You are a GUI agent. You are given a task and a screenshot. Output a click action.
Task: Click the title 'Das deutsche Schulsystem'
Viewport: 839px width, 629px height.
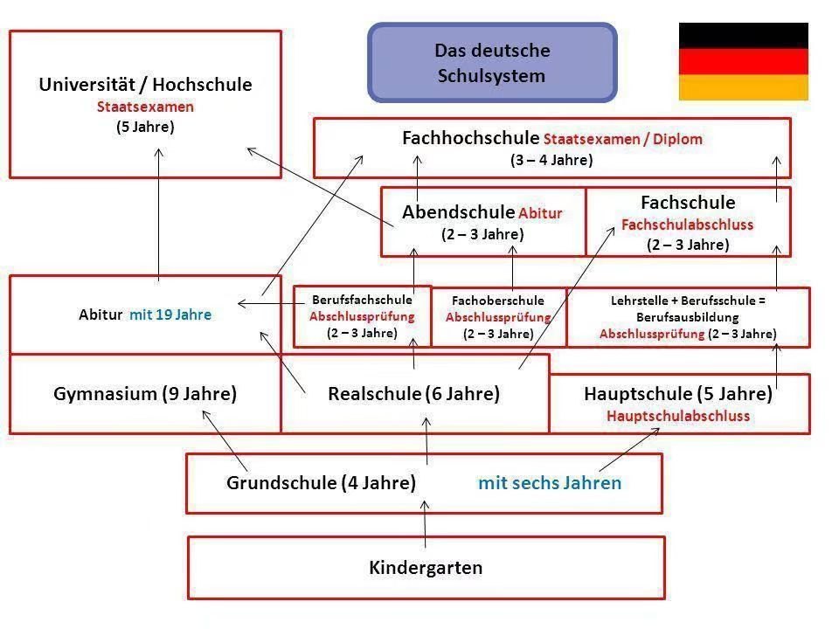tap(492, 63)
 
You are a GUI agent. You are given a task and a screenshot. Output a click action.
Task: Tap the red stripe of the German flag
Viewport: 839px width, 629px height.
tap(743, 61)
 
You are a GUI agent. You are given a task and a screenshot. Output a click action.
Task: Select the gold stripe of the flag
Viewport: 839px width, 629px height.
tap(743, 87)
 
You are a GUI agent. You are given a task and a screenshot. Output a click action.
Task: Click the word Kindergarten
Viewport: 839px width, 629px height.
tap(426, 568)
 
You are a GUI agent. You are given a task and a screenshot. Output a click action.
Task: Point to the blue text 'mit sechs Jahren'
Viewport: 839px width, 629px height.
tap(550, 483)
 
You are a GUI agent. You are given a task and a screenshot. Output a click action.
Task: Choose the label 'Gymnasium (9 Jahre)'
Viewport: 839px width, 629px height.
tap(145, 394)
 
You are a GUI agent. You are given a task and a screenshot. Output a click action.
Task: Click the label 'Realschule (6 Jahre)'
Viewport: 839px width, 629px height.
tap(413, 394)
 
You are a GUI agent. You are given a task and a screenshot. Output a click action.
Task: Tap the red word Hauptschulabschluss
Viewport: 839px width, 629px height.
tap(678, 416)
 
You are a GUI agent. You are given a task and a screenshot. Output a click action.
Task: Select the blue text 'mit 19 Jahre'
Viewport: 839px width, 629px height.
tap(170, 314)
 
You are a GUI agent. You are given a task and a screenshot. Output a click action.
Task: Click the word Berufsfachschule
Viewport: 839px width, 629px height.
tap(362, 300)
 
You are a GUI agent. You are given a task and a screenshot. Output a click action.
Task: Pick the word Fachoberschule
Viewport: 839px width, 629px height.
tap(498, 301)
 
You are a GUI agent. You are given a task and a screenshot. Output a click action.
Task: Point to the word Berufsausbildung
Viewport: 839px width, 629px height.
tap(688, 317)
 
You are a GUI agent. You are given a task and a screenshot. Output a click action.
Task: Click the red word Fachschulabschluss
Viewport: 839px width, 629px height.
tap(687, 225)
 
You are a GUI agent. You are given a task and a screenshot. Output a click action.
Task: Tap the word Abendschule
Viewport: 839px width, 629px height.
tap(458, 212)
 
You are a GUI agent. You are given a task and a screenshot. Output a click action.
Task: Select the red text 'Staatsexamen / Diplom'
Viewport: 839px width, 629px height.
tap(623, 139)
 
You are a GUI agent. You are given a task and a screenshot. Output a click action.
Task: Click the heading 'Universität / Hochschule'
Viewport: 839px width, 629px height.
tap(145, 85)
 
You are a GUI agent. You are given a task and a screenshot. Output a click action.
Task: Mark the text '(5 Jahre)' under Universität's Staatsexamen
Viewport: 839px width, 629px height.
tap(145, 127)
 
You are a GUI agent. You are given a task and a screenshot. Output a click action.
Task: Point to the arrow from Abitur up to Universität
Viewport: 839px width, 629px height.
tap(158, 214)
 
